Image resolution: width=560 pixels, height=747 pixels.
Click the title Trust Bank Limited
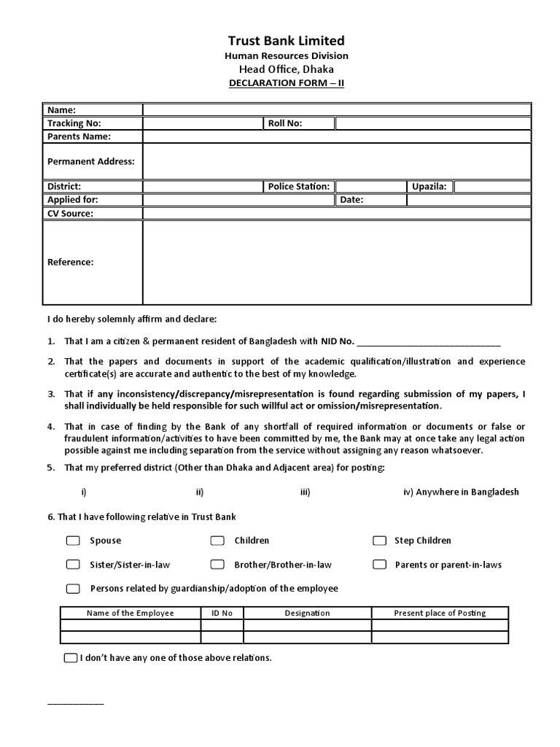click(x=285, y=41)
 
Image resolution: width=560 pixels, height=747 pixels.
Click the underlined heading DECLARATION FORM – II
click(x=285, y=83)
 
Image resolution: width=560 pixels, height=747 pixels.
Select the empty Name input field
click(x=336, y=110)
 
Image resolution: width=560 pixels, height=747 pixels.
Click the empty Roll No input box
click(x=432, y=123)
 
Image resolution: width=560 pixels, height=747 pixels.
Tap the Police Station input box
click(x=370, y=187)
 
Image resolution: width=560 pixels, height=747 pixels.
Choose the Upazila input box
click(x=491, y=187)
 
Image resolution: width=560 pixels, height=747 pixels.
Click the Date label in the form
click(x=351, y=200)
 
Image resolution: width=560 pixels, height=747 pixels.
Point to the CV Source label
click(x=70, y=214)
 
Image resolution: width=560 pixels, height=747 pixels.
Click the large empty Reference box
click(x=336, y=262)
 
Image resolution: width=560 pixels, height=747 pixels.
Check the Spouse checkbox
click(x=73, y=541)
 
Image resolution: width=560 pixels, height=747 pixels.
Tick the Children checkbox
click(x=217, y=541)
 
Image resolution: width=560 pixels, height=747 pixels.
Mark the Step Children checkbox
click(x=379, y=541)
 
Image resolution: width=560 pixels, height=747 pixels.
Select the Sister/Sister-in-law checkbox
click(x=73, y=565)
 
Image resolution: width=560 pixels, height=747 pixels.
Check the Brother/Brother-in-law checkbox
click(x=217, y=565)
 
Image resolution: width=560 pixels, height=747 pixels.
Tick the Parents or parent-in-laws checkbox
click(x=379, y=565)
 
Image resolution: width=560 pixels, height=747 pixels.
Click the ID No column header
click(x=222, y=614)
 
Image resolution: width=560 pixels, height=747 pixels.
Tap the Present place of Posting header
click(x=440, y=614)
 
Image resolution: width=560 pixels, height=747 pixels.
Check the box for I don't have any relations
click(x=70, y=658)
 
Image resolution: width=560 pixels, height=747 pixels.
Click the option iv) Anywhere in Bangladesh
click(x=461, y=492)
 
